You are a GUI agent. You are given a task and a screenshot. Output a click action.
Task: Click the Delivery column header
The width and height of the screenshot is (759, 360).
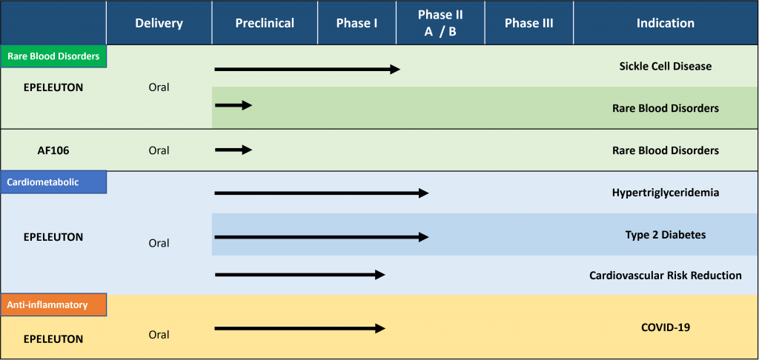159,23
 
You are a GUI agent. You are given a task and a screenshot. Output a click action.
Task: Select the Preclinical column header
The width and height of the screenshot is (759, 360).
265,23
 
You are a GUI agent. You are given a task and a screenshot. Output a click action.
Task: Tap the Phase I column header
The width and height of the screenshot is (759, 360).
357,23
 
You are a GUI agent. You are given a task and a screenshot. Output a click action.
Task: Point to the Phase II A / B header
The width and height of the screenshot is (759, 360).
440,23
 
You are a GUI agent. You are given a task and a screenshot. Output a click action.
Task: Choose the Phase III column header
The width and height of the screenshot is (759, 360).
528,23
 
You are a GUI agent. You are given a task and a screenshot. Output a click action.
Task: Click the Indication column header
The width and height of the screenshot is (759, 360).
665,23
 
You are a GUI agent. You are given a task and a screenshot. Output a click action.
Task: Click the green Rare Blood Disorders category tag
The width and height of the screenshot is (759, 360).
53,56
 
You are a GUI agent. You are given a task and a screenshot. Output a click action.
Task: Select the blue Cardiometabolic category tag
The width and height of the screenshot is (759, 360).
53,182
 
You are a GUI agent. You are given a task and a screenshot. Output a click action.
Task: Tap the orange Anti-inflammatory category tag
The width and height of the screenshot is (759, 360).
53,305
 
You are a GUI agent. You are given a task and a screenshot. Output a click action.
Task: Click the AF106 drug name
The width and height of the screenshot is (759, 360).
53,150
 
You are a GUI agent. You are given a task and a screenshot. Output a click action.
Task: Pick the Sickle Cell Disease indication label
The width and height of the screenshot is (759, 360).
666,66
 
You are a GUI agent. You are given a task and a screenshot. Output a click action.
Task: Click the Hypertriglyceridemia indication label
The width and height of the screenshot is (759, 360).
666,193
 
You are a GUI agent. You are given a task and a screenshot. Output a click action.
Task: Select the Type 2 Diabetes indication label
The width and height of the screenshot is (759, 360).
666,235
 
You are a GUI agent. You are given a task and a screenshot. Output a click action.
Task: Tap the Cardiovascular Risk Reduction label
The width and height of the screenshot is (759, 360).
666,276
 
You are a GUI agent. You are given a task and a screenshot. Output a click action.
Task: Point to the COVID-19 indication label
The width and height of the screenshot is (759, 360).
666,327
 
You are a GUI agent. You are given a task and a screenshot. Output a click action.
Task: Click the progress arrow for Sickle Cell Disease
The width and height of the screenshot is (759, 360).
308,69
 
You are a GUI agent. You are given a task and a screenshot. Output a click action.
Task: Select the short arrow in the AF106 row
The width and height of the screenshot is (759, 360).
233,150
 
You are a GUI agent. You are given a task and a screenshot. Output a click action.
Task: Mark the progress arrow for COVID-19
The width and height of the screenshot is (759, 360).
299,329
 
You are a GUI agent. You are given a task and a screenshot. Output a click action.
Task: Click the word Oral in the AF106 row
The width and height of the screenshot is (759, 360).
159,150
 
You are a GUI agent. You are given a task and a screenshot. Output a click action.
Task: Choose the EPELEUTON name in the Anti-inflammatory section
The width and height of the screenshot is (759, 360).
53,339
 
